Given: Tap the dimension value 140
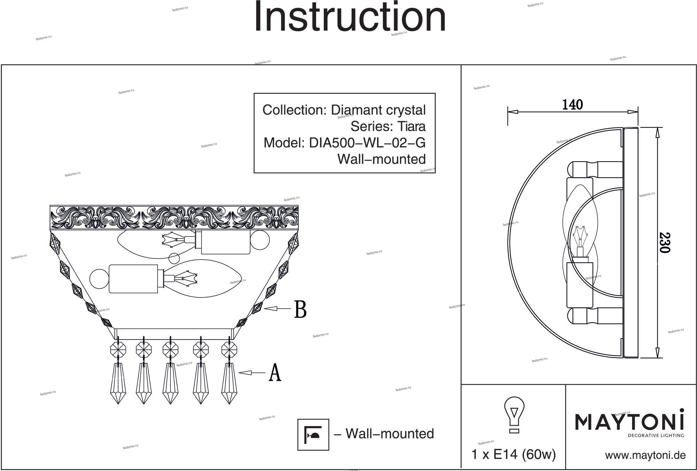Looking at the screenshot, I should coord(572,105).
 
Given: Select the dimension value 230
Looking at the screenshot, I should coord(664,242).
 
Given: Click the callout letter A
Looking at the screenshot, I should coord(275,373).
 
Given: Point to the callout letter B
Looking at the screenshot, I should coord(300,309).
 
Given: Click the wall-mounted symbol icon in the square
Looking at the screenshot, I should coord(313,434).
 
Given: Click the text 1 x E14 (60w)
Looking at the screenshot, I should coord(513,454).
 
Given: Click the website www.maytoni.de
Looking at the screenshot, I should coord(645,455).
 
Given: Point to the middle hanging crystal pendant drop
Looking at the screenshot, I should coord(170,383).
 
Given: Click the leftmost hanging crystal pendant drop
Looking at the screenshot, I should coord(118,383).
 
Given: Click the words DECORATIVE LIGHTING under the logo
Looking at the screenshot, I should coord(656,435).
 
